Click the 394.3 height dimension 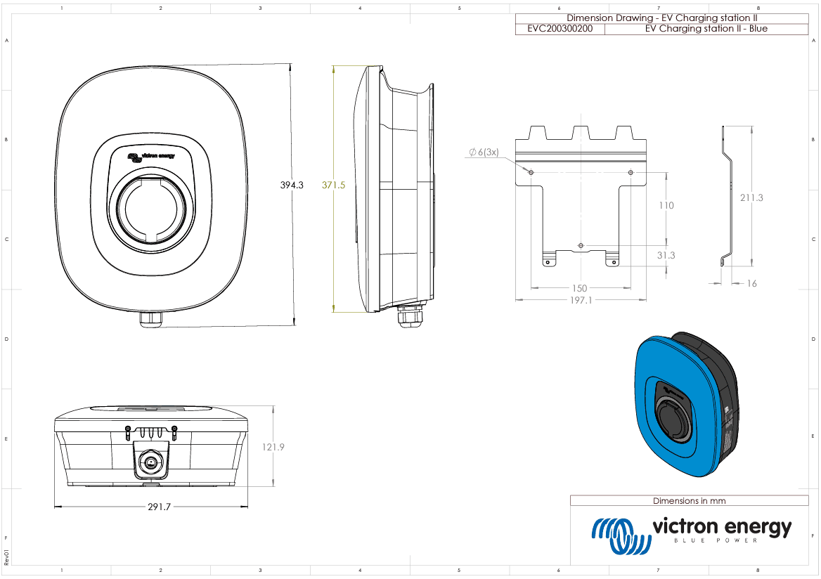[x=291, y=186]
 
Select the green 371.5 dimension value [x=333, y=186]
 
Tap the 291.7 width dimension [x=159, y=507]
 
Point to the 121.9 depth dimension [x=272, y=447]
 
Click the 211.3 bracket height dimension [x=751, y=198]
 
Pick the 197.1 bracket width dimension [x=580, y=300]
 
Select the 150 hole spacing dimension [x=579, y=288]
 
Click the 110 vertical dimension [x=665, y=205]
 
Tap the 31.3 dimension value [x=666, y=255]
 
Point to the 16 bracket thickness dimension [x=752, y=284]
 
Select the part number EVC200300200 [x=560, y=29]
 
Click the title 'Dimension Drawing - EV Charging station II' [x=661, y=18]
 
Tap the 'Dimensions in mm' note [x=689, y=501]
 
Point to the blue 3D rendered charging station [x=685, y=408]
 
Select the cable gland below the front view [x=151, y=319]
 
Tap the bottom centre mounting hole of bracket [x=580, y=245]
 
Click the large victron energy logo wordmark [x=721, y=527]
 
